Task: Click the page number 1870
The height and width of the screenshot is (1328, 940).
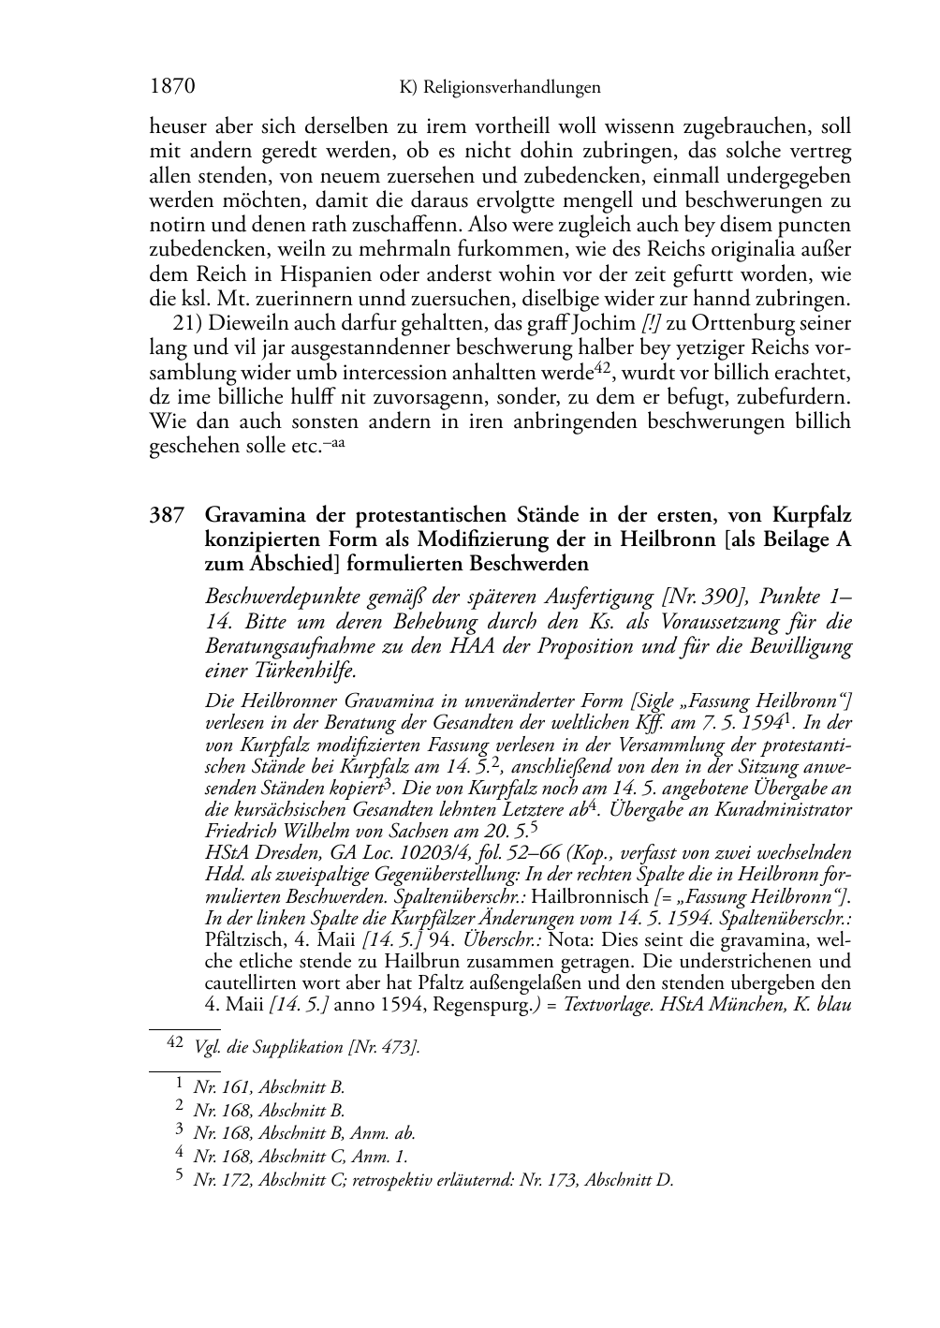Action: point(172,88)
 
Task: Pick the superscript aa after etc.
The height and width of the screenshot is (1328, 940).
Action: point(337,441)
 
